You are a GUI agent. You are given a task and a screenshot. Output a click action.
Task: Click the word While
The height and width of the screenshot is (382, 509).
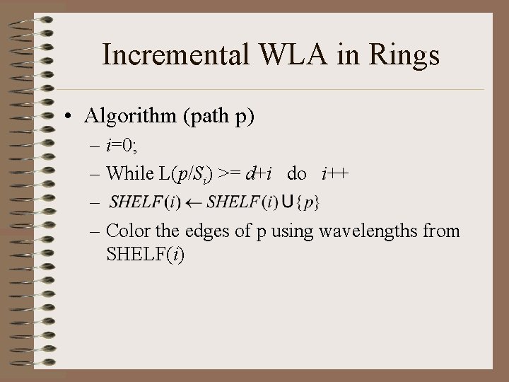click(129, 173)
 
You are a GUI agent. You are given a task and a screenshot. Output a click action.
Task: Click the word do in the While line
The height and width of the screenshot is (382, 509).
click(296, 174)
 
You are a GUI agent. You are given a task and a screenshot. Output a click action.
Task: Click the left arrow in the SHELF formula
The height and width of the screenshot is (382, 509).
click(194, 203)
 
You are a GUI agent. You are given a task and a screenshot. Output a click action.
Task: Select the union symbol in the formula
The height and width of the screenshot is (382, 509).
click(287, 203)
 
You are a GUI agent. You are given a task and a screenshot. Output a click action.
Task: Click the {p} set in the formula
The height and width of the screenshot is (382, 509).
click(308, 203)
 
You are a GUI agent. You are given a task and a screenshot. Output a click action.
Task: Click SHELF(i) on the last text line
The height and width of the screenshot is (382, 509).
click(145, 254)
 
